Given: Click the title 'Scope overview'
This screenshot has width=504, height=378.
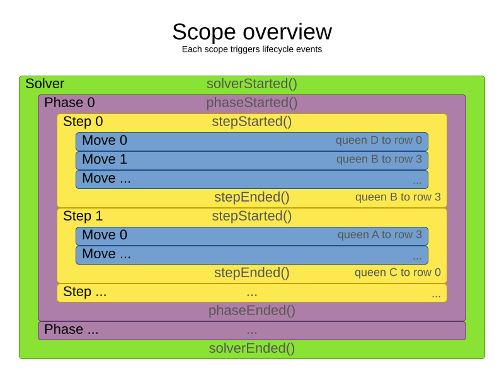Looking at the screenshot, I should pyautogui.click(x=252, y=32).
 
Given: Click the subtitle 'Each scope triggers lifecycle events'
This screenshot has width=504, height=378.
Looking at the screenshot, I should pyautogui.click(x=252, y=49).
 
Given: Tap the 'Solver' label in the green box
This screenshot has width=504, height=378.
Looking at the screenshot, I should pyautogui.click(x=45, y=84).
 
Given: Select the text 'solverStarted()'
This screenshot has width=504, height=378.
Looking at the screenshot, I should pyautogui.click(x=252, y=84).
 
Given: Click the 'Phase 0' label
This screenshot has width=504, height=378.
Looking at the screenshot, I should pyautogui.click(x=69, y=103).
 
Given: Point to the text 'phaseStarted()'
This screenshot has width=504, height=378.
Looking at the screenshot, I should pyautogui.click(x=252, y=103).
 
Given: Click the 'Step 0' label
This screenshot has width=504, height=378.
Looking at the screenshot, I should pyautogui.click(x=83, y=122).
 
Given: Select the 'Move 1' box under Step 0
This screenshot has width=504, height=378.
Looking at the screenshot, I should pyautogui.click(x=252, y=160).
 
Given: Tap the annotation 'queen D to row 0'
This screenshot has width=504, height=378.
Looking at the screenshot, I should pyautogui.click(x=379, y=140).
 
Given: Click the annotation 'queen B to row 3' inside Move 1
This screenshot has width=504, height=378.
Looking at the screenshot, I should pyautogui.click(x=379, y=159).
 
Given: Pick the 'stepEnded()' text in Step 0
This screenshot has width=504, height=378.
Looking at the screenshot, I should pyautogui.click(x=252, y=197).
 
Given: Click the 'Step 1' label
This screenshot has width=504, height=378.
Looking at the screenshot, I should pyautogui.click(x=83, y=216).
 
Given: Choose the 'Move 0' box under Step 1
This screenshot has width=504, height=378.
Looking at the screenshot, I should pyautogui.click(x=252, y=236).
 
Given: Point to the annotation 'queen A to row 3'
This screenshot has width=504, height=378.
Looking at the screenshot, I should pyautogui.click(x=379, y=235).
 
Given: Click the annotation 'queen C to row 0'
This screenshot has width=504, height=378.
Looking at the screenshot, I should pyautogui.click(x=398, y=273).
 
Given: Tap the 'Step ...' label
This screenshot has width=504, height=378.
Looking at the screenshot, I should pyautogui.click(x=85, y=292).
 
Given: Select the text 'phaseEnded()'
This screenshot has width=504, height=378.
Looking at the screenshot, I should pyautogui.click(x=252, y=311).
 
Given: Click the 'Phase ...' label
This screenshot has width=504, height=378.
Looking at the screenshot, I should pyautogui.click(x=71, y=329).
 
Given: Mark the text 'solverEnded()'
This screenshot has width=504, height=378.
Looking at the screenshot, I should pyautogui.click(x=252, y=348).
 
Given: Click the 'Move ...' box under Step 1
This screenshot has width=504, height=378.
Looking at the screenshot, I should pyautogui.click(x=252, y=255).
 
